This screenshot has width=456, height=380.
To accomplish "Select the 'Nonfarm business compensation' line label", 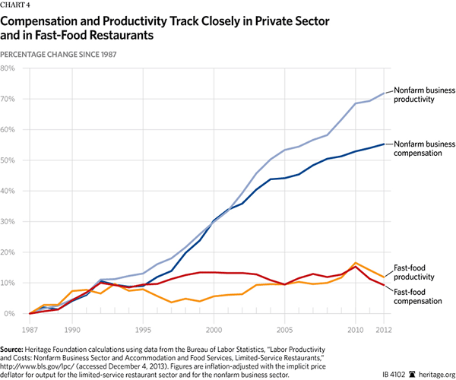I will point(424,147).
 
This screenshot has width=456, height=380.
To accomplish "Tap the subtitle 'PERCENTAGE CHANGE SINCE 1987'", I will point(64,54).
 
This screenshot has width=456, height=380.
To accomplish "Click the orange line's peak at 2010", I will point(356,263).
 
